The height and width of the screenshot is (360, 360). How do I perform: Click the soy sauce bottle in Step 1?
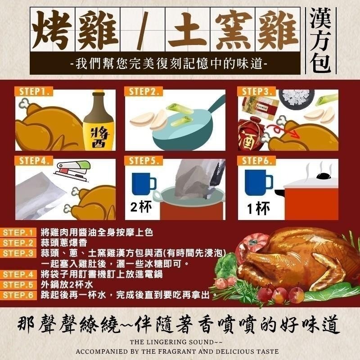(x=99, y=121)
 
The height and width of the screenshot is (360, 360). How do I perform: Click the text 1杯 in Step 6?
(x=259, y=208)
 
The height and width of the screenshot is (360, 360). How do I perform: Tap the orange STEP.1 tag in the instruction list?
(x=19, y=233)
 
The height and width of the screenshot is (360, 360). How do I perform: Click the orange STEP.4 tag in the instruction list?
(x=19, y=274)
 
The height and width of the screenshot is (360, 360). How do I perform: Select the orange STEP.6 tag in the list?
(x=19, y=295)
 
